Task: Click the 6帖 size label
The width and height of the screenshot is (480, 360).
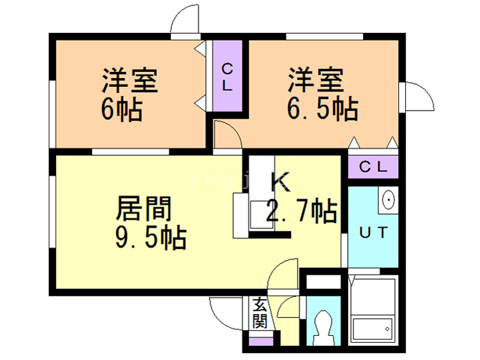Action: [121, 109]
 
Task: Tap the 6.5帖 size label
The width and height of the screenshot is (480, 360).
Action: [322, 109]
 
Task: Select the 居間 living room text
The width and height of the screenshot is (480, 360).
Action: [143, 208]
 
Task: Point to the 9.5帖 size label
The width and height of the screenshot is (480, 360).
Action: [151, 238]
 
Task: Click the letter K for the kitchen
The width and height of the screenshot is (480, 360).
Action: [280, 181]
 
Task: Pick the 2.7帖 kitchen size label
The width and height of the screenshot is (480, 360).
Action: [301, 211]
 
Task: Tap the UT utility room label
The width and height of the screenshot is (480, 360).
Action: [373, 232]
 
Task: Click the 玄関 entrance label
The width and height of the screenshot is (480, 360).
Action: [260, 313]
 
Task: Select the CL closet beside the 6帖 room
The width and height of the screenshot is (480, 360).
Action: [227, 76]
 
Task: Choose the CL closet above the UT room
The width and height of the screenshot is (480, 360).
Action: [373, 167]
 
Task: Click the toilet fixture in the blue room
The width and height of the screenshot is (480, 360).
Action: [323, 328]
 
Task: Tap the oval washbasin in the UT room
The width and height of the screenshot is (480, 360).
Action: [388, 199]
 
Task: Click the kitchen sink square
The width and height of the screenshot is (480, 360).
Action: [262, 214]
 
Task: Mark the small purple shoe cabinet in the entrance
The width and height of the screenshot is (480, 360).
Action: [261, 341]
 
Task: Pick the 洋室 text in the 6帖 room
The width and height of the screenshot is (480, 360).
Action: [130, 80]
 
